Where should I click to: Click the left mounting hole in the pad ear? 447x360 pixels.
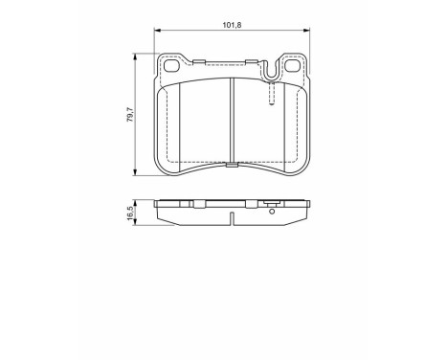pyautogui.click(x=173, y=68)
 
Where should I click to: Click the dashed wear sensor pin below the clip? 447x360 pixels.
pyautogui.click(x=273, y=93)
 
